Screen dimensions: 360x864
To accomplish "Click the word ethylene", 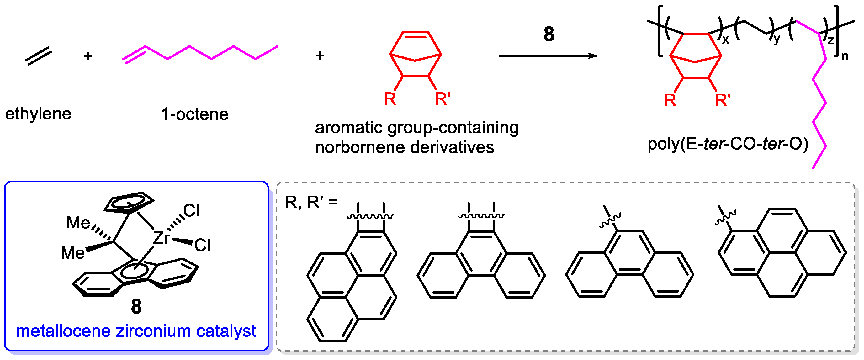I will [38, 114].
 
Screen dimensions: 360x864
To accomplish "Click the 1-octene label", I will [194, 114].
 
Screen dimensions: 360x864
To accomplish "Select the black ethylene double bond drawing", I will [39, 56].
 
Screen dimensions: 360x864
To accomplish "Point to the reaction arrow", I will [549, 56].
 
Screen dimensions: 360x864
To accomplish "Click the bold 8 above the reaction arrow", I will [549, 34].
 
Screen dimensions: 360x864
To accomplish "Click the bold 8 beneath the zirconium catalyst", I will [136, 306].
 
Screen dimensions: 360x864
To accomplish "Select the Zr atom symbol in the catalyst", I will [161, 238].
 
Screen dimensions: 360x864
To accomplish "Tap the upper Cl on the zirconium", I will [191, 211].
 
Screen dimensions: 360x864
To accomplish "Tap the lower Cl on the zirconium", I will [202, 245].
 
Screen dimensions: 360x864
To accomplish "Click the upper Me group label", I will [78, 222].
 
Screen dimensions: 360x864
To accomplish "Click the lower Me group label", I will [72, 252].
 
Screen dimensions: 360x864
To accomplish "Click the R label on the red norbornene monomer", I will [390, 99].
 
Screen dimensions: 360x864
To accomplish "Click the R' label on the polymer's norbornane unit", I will [723, 100].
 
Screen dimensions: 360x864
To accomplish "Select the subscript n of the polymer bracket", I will [845, 56].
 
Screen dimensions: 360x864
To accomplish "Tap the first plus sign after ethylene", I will [88, 56].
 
